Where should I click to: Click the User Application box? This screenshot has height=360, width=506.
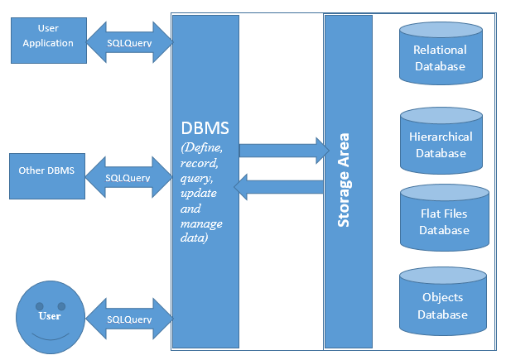(49, 37)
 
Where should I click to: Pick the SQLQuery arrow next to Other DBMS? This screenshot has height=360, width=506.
(128, 177)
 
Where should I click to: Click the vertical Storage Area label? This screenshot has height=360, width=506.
(344, 180)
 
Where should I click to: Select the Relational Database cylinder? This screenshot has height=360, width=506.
(440, 54)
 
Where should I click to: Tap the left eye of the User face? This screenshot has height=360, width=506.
(38, 307)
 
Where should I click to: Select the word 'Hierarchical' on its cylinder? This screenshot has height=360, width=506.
(441, 137)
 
